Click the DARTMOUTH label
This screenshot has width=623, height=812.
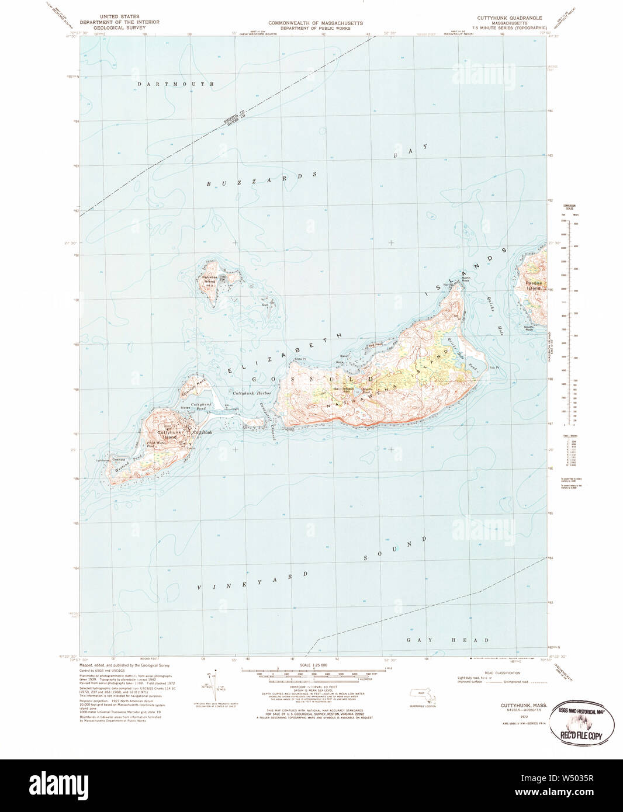[175, 84]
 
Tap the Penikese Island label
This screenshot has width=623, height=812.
[209, 279]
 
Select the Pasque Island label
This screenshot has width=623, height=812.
[534, 286]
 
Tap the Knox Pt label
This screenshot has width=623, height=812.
[300, 359]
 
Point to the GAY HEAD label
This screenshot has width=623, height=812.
[448, 640]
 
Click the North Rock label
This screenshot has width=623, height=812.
[465, 279]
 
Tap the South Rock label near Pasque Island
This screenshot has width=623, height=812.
[529, 328]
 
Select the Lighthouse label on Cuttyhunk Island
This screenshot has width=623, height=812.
[103, 460]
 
